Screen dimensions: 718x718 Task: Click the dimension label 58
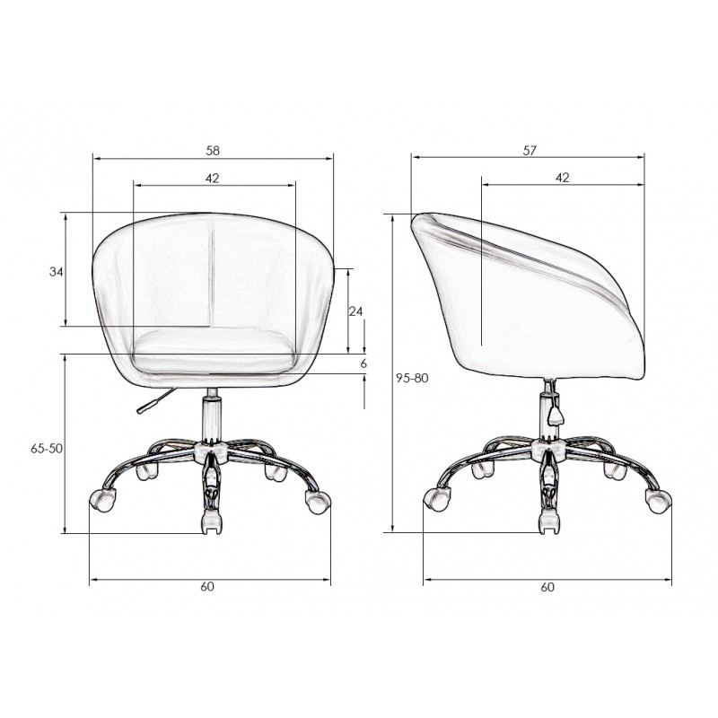(x=213, y=151)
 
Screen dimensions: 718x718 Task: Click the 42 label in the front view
(x=212, y=178)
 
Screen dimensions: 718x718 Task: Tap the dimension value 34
(x=56, y=272)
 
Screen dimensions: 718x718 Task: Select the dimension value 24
(x=355, y=311)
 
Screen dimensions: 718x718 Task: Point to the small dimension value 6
(x=363, y=363)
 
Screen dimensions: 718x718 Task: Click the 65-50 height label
(x=47, y=449)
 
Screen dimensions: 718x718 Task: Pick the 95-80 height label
(x=412, y=378)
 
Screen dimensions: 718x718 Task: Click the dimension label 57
(x=530, y=151)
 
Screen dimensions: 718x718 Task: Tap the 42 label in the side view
(x=563, y=178)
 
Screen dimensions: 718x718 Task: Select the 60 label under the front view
(x=207, y=587)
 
